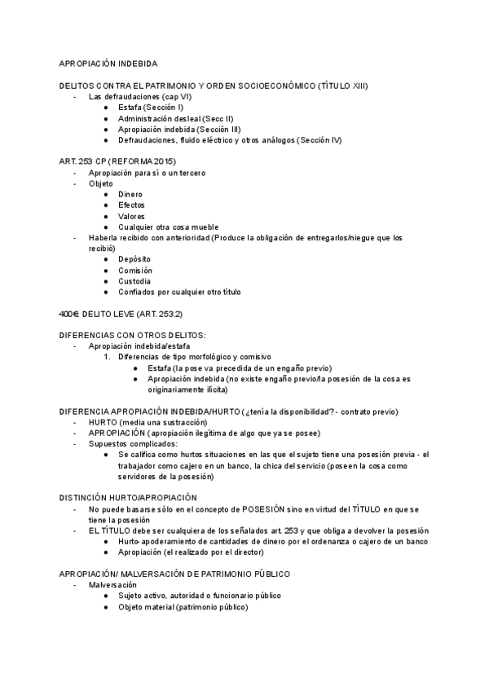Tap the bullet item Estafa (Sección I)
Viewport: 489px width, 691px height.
pyautogui.click(x=150, y=108)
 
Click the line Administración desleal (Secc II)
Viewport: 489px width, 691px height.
pyautogui.click(x=175, y=118)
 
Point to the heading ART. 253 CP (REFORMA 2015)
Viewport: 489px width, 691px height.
pyautogui.click(x=117, y=161)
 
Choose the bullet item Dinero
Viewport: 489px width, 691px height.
pyautogui.click(x=130, y=194)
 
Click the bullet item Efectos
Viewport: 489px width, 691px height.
pyautogui.click(x=131, y=205)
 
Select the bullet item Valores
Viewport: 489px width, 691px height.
pyautogui.click(x=131, y=216)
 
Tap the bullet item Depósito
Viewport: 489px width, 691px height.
pyautogui.click(x=134, y=259)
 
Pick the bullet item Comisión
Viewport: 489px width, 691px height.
pyautogui.click(x=134, y=271)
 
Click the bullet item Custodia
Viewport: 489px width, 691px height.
pyautogui.click(x=134, y=281)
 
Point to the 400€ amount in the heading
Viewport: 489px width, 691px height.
pyautogui.click(x=68, y=314)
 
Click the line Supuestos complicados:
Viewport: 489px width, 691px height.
pyautogui.click(x=133, y=443)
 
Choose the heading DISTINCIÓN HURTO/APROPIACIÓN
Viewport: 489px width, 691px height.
pyautogui.click(x=128, y=498)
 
